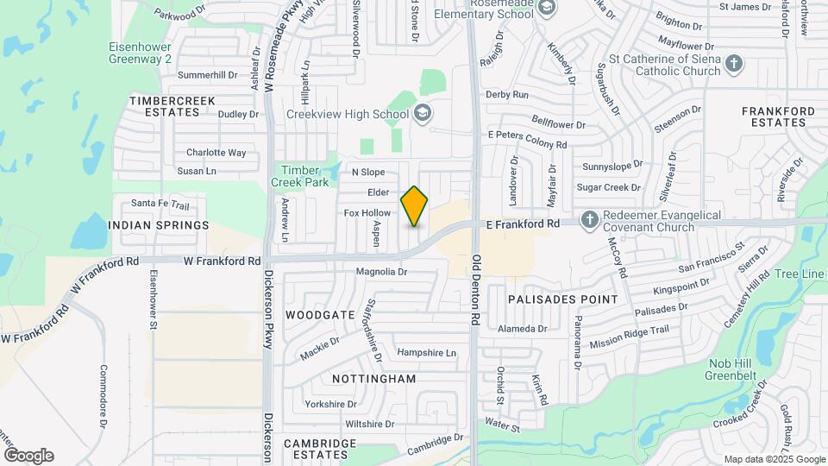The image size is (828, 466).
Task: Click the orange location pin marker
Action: (x=415, y=205)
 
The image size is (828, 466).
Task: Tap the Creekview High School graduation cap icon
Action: (x=423, y=113)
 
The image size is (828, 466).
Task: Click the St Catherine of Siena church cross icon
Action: (x=733, y=63)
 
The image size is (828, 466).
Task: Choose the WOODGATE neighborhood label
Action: (x=320, y=315)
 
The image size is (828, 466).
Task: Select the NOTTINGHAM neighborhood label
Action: (x=373, y=379)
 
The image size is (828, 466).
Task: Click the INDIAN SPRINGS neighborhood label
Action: (x=159, y=225)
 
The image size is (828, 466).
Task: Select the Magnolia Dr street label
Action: (x=381, y=272)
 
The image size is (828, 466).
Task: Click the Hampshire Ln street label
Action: (x=426, y=353)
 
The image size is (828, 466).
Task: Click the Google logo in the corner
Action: (x=28, y=456)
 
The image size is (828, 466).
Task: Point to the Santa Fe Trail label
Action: (x=160, y=205)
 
